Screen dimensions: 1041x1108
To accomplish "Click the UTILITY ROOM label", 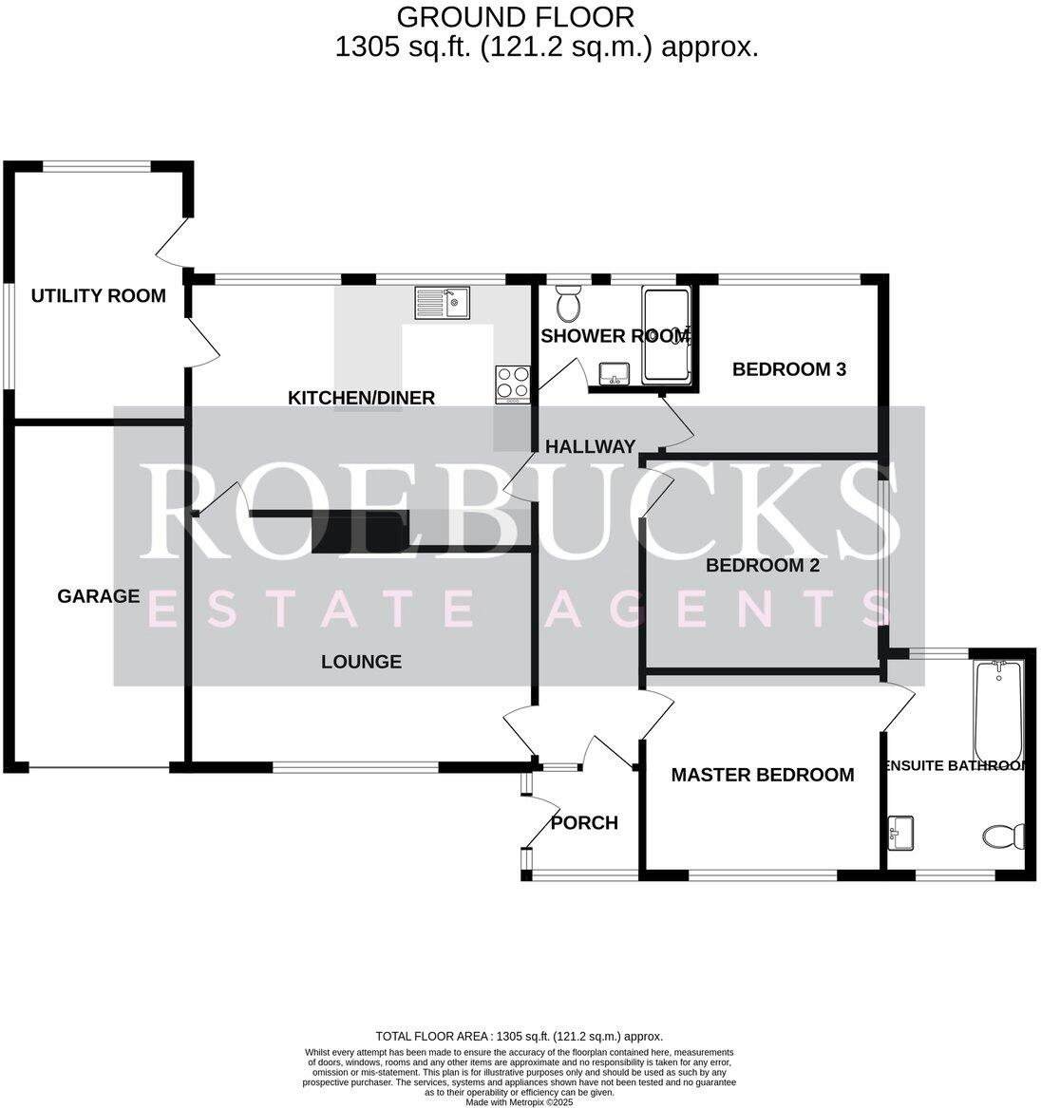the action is tap(98, 295).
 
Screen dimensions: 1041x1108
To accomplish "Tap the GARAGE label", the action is tap(98, 596).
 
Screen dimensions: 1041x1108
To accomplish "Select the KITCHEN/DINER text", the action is tap(361, 398).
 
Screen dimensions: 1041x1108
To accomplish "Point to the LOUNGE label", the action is tap(361, 662).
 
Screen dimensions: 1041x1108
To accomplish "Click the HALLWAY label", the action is tap(590, 446).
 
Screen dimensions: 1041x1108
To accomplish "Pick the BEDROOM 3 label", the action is tap(788, 369).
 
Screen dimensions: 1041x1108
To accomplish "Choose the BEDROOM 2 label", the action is tap(763, 565).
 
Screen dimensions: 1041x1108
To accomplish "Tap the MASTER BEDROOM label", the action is tap(763, 775).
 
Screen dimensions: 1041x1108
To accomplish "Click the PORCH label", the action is tap(584, 822).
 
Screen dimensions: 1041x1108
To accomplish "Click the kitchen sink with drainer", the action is tap(443, 303).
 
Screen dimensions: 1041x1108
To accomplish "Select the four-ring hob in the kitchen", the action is tap(513, 385).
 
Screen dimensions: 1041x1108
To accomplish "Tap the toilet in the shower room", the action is tap(567, 303).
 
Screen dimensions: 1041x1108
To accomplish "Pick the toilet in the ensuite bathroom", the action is tap(1004, 836).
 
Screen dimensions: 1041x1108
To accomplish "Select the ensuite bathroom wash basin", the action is tap(900, 833).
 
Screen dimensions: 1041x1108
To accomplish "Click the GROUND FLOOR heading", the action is tap(515, 17).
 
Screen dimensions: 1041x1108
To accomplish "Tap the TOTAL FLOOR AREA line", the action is tap(520, 1037).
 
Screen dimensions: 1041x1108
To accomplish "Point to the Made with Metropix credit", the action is tap(520, 1101).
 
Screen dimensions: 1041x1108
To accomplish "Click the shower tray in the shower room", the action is tap(666, 334).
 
